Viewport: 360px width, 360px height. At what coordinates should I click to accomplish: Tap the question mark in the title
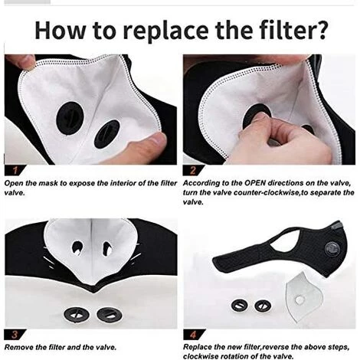(x=320, y=30)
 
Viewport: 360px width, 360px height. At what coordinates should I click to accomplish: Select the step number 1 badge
(x=15, y=170)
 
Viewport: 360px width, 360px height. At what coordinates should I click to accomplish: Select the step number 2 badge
(x=193, y=170)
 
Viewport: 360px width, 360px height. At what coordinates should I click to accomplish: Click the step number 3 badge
(x=15, y=334)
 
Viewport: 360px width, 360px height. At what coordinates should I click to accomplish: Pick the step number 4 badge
(x=194, y=334)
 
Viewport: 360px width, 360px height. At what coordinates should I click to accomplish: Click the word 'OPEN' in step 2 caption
(x=255, y=183)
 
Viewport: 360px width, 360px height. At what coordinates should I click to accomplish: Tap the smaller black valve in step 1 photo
(x=106, y=134)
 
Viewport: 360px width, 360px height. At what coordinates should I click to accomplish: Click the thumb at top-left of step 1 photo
(x=21, y=62)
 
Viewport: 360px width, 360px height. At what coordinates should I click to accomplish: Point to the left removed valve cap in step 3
(x=77, y=315)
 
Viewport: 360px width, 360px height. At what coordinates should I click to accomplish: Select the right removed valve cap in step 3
(x=110, y=315)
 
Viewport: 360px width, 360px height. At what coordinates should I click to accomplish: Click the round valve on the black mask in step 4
(x=332, y=248)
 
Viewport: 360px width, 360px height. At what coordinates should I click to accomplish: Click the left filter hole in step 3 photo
(x=77, y=247)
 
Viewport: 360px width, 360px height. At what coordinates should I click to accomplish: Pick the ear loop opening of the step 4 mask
(x=284, y=244)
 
